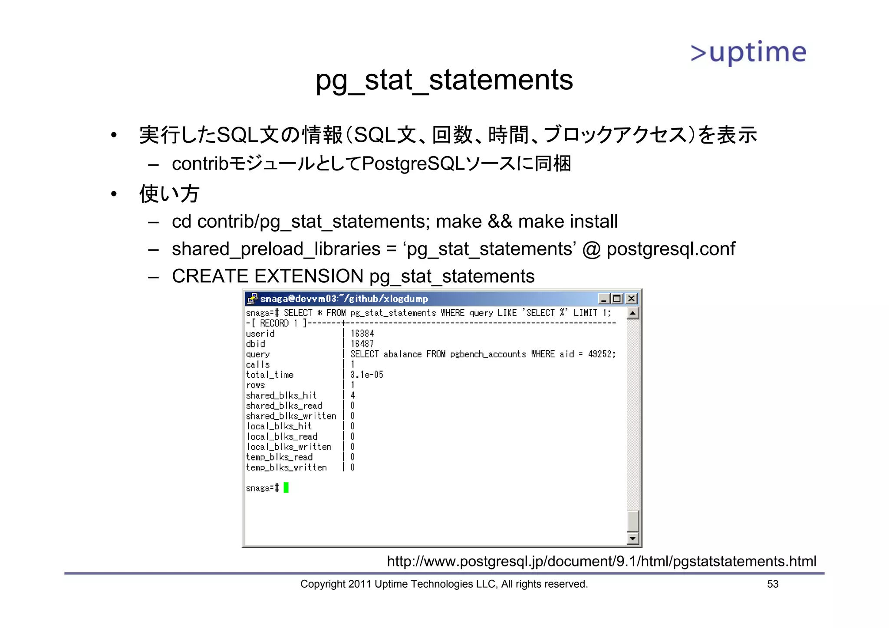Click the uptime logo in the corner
748,53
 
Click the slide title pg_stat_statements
444,80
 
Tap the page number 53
773,584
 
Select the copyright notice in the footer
444,584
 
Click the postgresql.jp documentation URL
601,561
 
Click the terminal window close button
632,298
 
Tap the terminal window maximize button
617,298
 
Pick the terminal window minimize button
604,298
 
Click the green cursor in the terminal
286,488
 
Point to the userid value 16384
362,334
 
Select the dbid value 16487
362,344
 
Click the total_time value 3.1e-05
367,375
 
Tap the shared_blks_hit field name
281,396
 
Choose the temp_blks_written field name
286,468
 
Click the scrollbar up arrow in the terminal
633,313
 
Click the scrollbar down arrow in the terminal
633,539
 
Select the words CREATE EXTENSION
267,276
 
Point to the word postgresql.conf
671,249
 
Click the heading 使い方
169,193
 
